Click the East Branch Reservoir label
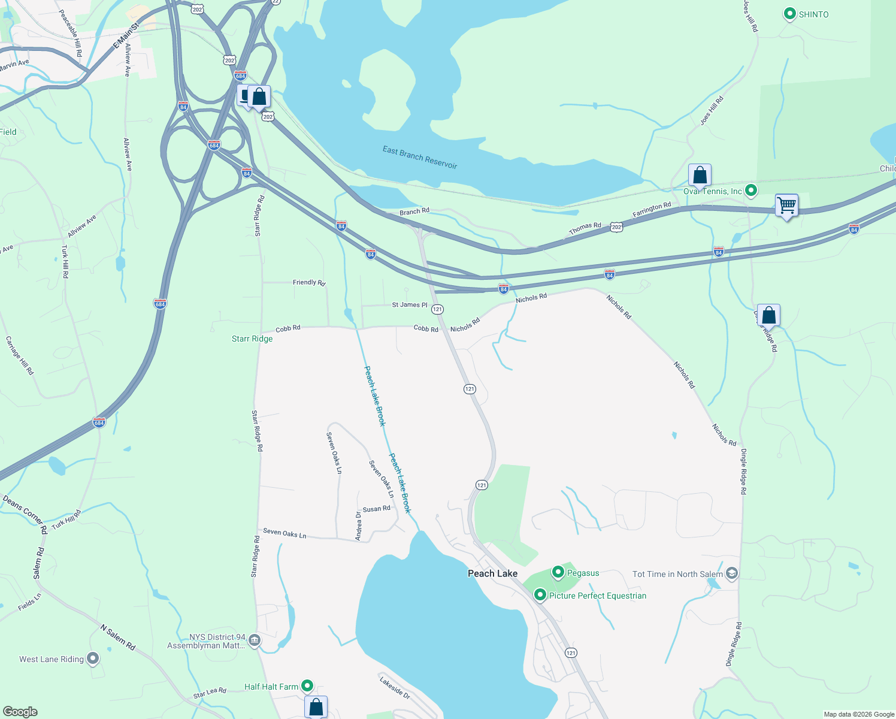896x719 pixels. tap(420, 157)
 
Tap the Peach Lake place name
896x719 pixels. tap(492, 573)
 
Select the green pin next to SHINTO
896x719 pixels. tap(789, 14)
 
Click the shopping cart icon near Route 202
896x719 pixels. tap(786, 206)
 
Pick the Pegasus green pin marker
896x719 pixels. tap(558, 573)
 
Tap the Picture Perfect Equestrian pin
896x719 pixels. tap(540, 595)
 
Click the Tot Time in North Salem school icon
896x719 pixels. tap(731, 574)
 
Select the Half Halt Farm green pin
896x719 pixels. tap(307, 686)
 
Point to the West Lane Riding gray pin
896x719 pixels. tap(92, 659)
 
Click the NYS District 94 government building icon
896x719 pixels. tap(255, 641)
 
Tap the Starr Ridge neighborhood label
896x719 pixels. tap(252, 339)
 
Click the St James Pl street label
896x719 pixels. tap(410, 305)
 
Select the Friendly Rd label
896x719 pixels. tap(309, 282)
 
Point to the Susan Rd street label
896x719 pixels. tap(376, 509)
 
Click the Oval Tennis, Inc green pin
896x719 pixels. tap(751, 191)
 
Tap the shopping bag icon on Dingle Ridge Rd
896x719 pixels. tap(768, 315)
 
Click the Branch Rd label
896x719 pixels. tap(414, 212)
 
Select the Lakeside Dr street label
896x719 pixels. tap(395, 688)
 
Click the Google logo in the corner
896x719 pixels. tap(20, 712)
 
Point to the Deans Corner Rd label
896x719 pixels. tap(25, 513)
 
